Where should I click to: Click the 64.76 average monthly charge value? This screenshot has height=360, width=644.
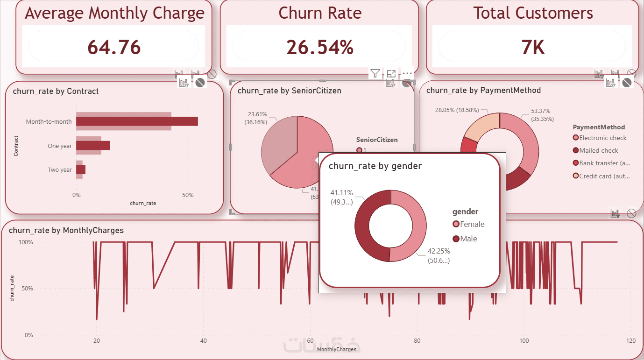pos(114,47)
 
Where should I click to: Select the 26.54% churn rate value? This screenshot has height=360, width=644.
pos(319,47)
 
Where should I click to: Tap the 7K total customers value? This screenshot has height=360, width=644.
pos(533,47)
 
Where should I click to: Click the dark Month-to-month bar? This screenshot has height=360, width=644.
pos(137,121)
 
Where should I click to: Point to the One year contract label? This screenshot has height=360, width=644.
pos(60,146)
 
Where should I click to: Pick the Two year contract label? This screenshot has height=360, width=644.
pos(60,170)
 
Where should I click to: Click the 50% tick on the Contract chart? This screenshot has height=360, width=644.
pos(188,195)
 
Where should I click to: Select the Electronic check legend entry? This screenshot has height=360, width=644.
pos(603,138)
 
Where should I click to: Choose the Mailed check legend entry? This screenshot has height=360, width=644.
pos(599,150)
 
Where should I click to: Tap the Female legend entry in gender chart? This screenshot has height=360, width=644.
pos(472,224)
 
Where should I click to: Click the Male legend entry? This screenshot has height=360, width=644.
pos(468,239)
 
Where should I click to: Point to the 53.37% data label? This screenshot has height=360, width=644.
pos(541,111)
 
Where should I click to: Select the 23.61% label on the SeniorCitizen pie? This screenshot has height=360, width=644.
pos(257,113)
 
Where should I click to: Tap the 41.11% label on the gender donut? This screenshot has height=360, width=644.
pos(342,192)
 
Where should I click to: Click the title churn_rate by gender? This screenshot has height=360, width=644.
pos(375,166)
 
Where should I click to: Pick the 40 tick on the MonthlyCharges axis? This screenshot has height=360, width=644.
pos(203,341)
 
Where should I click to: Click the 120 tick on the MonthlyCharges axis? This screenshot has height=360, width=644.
pos(631,341)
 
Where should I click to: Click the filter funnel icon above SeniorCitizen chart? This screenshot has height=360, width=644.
pos(375,73)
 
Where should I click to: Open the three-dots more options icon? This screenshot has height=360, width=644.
pos(407,73)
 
